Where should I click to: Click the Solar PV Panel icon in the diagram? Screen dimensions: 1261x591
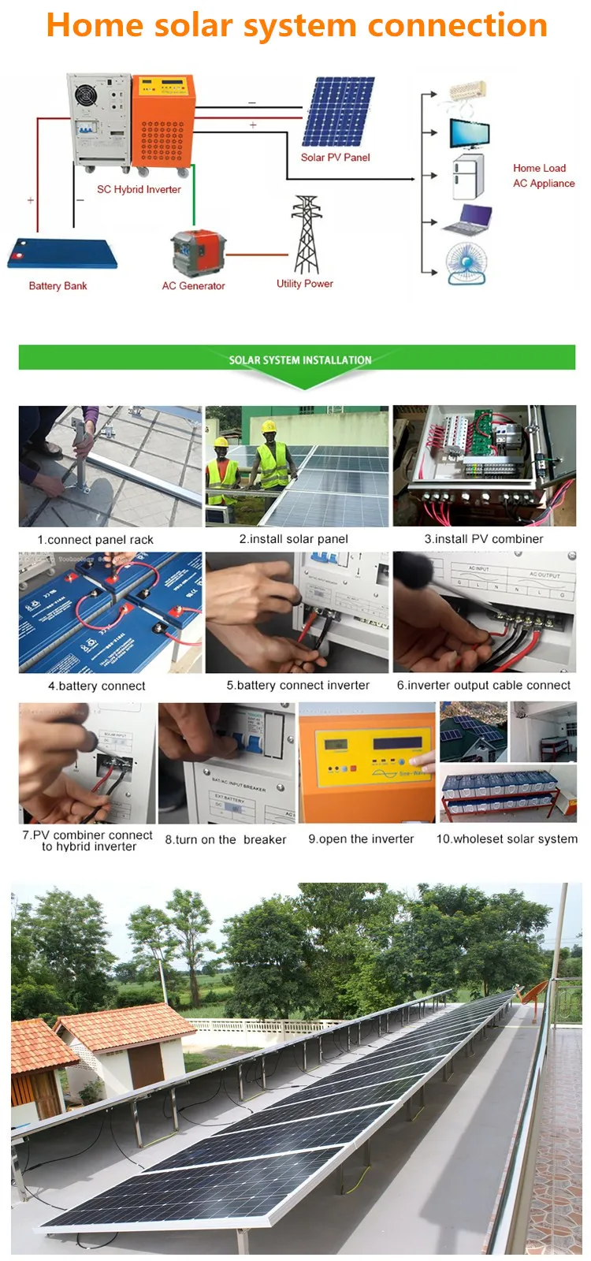[339, 111]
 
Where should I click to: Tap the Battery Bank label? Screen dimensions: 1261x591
[58, 286]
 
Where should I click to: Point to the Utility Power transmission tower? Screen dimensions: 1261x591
[307, 235]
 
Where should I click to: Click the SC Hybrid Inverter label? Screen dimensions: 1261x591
[139, 189]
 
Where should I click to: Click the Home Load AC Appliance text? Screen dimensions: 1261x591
[543, 176]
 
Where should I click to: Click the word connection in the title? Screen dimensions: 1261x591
[457, 25]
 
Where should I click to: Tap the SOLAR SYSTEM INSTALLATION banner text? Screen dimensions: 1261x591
[299, 360]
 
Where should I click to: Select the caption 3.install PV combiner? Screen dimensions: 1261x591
[483, 539]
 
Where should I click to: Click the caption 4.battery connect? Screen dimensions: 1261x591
[96, 686]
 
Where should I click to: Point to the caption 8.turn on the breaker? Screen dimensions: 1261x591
[225, 839]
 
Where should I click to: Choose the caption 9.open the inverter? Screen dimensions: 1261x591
[361, 839]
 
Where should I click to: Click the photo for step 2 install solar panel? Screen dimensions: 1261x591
[296, 466]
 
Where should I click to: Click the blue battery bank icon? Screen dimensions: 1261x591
[62, 255]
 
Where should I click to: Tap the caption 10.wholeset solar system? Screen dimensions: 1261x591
[507, 839]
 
